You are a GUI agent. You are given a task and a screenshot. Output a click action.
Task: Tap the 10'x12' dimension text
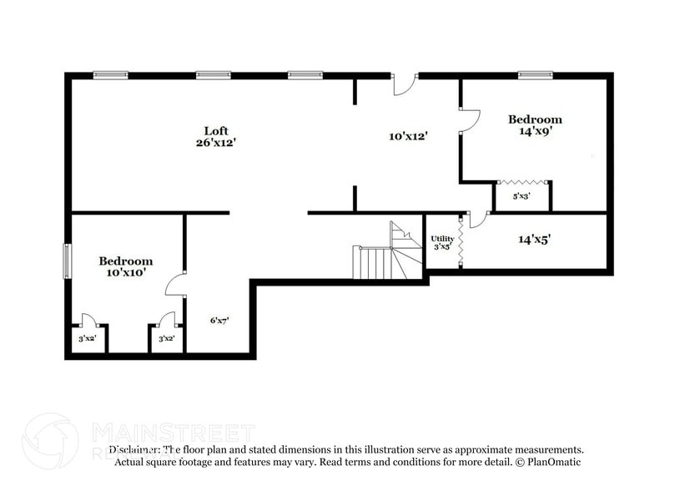408,135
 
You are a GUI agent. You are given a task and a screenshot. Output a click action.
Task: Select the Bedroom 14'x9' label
535,124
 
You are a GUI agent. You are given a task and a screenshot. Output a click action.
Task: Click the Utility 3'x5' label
442,243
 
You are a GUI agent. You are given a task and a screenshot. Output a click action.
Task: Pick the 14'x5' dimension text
534,240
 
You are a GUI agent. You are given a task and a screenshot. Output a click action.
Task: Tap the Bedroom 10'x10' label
126,266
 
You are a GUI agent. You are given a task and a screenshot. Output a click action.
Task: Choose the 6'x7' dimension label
219,320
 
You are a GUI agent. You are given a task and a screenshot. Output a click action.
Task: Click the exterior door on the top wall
403,83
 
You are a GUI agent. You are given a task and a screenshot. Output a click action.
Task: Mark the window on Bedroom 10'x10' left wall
68,260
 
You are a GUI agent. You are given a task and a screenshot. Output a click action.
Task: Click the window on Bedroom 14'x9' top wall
535,74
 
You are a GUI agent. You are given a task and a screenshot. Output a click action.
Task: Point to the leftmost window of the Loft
109,74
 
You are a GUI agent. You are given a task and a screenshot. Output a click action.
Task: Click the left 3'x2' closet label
87,339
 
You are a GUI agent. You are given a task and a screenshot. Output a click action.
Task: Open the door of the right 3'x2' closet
167,320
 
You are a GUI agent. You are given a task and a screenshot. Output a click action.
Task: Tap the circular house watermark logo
50,441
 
